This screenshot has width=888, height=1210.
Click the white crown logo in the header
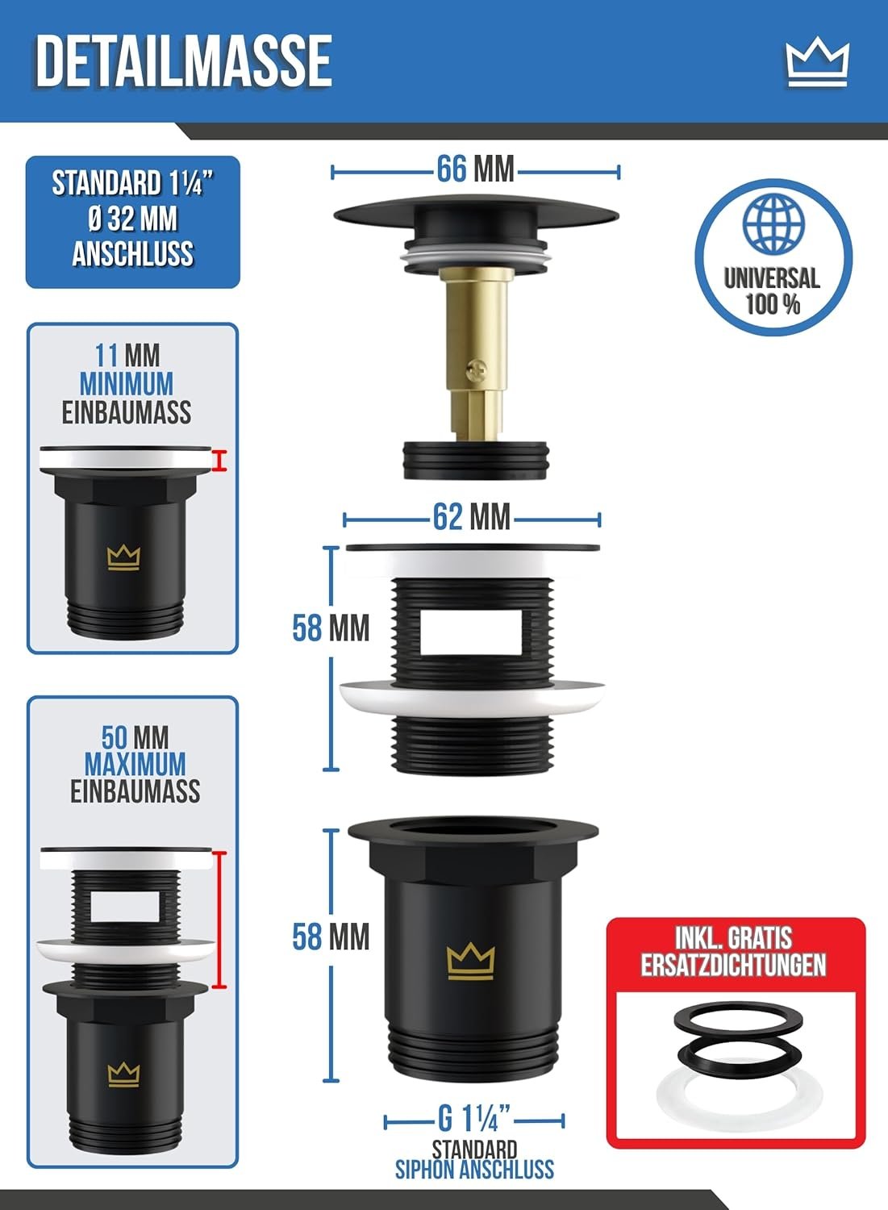click(817, 65)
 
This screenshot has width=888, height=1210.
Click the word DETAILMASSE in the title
click(184, 61)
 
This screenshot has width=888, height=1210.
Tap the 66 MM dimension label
click(475, 169)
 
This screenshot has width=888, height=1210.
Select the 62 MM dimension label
click(471, 517)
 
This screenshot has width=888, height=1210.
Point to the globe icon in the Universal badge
click(773, 223)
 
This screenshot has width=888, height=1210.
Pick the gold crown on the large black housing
click(470, 962)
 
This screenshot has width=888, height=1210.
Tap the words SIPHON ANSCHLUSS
click(474, 1169)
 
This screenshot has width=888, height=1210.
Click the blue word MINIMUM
click(127, 384)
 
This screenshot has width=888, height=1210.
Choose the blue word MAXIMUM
click(135, 764)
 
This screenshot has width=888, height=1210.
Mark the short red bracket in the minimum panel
click(219, 461)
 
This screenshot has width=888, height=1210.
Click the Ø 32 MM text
click(132, 219)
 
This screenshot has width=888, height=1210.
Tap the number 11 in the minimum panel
click(106, 356)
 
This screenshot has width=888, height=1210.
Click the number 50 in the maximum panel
click(115, 736)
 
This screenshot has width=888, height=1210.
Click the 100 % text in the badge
click(773, 305)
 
